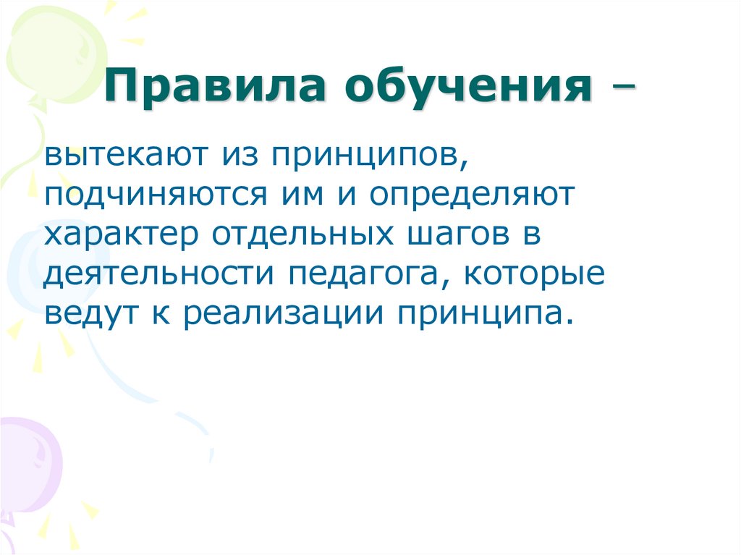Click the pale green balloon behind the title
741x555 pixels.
point(54,51)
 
